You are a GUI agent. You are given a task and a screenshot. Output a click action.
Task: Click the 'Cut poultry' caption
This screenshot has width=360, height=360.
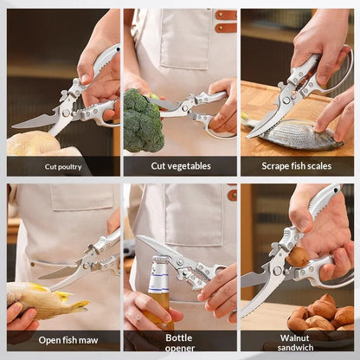pos(63,167)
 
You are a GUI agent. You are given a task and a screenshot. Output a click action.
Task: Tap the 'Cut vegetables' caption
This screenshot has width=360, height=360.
pos(181,166)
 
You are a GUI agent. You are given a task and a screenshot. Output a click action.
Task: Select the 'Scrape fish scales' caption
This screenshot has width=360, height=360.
pos(297,166)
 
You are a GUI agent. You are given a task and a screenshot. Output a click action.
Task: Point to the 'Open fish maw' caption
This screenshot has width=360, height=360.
pos(68,340)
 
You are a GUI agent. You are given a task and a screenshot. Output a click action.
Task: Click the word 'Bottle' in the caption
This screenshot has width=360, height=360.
pos(179,337)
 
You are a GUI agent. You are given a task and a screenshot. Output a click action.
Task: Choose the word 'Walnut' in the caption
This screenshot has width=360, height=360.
pos(294,337)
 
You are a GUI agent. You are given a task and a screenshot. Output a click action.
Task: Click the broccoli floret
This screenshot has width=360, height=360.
pos(142,120)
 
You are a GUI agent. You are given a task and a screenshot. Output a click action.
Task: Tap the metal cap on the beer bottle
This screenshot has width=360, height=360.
pos(160,261)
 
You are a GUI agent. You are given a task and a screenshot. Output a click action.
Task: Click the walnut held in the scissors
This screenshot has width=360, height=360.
pos(298,257)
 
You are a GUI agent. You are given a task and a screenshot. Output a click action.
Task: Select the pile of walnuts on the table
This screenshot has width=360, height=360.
pos(321,314)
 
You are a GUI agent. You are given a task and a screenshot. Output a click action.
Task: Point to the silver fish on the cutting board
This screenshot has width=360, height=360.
pos(292,133)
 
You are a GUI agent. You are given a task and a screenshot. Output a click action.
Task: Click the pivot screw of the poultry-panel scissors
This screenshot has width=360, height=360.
pos(67,113)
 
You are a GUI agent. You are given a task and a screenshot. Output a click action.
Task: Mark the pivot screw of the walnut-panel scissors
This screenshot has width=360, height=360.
pos(277,271)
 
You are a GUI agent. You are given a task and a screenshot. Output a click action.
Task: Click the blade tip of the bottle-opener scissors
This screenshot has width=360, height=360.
pos(138,237)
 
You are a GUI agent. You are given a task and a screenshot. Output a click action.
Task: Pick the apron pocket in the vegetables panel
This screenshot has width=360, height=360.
pos(185,39)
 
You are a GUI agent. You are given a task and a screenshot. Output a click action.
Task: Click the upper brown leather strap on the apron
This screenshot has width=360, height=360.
pos(226,15)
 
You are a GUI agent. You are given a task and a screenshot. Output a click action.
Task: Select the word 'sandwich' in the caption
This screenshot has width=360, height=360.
pos(295,347)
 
